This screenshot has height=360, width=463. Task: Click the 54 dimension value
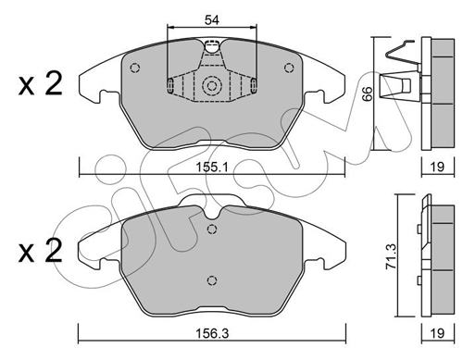click(x=212, y=20)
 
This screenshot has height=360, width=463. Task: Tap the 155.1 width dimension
click(x=212, y=168)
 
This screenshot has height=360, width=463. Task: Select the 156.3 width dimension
click(x=212, y=333)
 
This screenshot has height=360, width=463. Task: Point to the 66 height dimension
click(x=368, y=93)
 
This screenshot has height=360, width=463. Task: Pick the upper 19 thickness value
click(x=437, y=168)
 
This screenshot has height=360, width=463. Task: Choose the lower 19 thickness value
click(x=437, y=333)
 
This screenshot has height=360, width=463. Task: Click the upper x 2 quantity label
click(x=41, y=83)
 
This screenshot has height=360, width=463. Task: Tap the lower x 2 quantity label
click(x=41, y=251)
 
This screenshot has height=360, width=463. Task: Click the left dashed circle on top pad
click(x=135, y=68)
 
